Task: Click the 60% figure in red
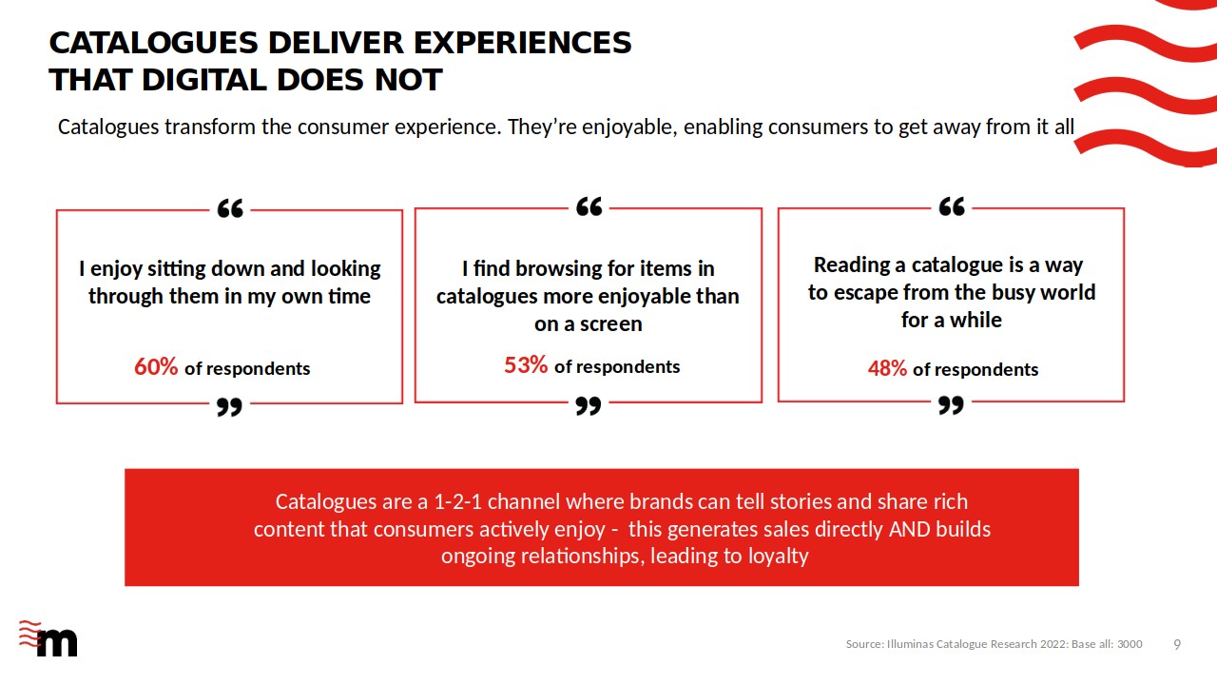(156, 367)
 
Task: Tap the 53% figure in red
(526, 365)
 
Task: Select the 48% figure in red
(887, 368)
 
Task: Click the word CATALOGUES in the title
(154, 43)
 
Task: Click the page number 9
(1177, 644)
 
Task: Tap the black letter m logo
(57, 643)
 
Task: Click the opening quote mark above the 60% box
(230, 208)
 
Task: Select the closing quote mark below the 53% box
(589, 405)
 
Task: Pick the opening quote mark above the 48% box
(952, 206)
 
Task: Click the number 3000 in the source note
(1130, 644)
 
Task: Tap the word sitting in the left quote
(176, 269)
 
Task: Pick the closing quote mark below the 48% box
(952, 405)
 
